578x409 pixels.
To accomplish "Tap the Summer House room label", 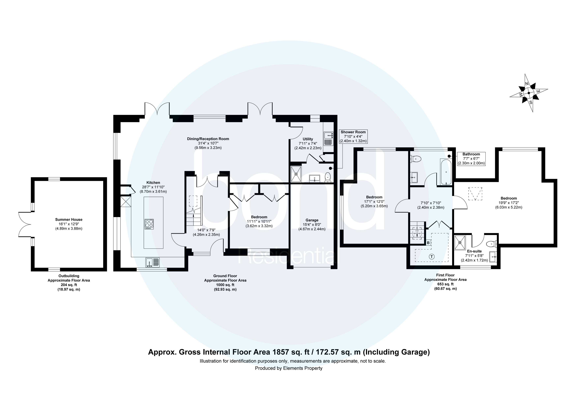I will click(x=69, y=219).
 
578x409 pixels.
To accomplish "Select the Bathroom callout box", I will click(x=471, y=159).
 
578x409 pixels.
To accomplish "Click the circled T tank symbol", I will click(x=432, y=257).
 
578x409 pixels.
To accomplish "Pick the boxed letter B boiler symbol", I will click(x=428, y=243).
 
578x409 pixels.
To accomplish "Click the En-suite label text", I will click(x=474, y=251).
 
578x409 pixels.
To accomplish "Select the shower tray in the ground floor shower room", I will click(x=296, y=174).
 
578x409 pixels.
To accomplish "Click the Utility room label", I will click(x=308, y=139).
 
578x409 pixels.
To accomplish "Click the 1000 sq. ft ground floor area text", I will click(x=225, y=285).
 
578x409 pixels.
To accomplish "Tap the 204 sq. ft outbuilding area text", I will click(x=69, y=285).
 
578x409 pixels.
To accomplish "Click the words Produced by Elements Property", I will click(x=289, y=368).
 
